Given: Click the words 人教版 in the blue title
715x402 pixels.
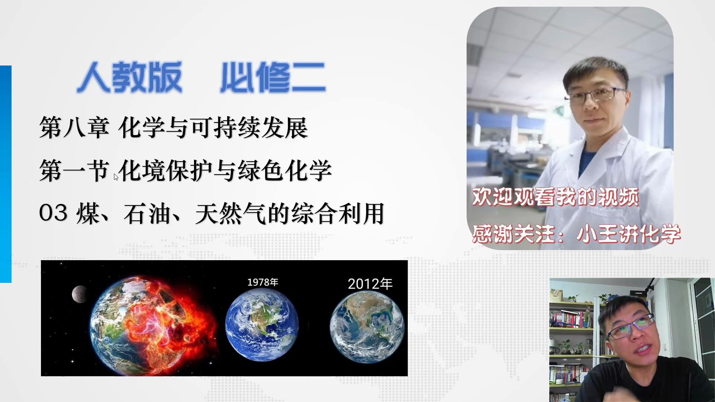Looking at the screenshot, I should [x=130, y=77].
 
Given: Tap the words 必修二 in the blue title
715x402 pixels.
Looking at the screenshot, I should [x=273, y=77].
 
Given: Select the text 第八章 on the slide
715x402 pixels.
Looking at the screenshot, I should [x=74, y=128].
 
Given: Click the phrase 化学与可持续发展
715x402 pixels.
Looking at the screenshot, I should [x=213, y=128].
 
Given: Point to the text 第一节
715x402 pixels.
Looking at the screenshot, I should [x=74, y=170].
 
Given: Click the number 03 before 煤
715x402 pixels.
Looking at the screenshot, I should [x=53, y=213].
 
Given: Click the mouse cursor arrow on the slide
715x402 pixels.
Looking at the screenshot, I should [x=116, y=177].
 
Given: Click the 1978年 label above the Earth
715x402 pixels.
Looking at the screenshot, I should [x=263, y=282].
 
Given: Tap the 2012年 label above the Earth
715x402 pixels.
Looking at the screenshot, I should [x=370, y=284].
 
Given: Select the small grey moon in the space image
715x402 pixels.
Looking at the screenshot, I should [x=79, y=294].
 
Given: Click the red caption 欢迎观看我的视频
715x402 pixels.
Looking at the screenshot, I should [x=555, y=197].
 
